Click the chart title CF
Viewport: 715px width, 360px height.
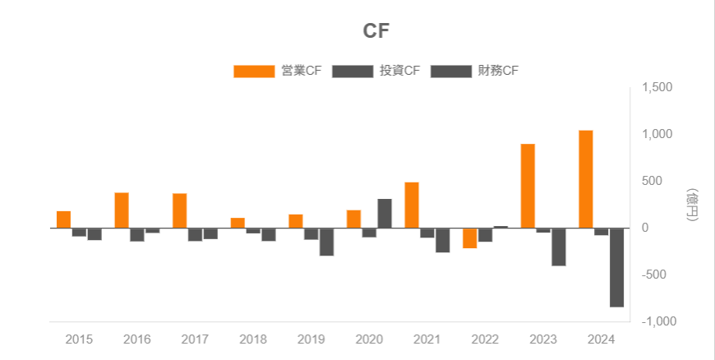click(x=376, y=31)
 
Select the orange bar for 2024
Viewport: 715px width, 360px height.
click(x=585, y=178)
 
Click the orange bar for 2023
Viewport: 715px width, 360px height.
click(x=528, y=186)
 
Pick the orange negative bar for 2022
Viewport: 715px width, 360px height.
click(x=469, y=238)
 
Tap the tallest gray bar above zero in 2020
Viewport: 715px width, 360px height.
click(x=385, y=213)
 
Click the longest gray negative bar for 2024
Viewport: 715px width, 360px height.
click(x=616, y=267)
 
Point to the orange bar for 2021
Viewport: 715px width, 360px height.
click(x=412, y=205)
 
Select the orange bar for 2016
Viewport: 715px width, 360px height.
click(x=122, y=210)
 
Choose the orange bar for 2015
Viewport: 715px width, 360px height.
click(x=63, y=219)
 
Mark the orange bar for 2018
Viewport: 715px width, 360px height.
click(x=238, y=223)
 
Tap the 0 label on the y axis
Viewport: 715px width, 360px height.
click(x=646, y=228)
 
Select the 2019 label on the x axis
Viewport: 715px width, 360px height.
click(x=311, y=339)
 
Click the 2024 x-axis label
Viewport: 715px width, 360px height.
click(x=601, y=339)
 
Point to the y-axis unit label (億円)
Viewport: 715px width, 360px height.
click(x=692, y=205)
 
